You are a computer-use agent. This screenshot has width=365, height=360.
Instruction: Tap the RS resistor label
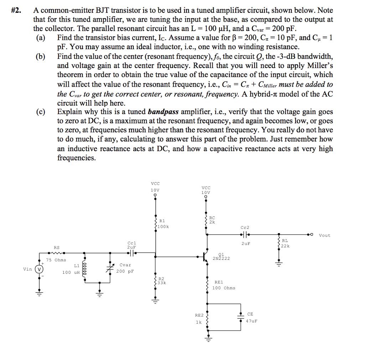57,247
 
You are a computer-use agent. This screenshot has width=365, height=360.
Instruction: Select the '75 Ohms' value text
56,260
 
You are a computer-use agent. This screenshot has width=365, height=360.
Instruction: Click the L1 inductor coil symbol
85,268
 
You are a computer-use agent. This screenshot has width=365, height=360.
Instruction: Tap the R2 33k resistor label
162,281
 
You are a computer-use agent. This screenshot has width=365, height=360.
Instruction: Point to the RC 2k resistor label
212,220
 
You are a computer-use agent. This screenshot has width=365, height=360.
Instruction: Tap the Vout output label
324,235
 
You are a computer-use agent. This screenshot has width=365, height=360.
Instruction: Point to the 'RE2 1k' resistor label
199,318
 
